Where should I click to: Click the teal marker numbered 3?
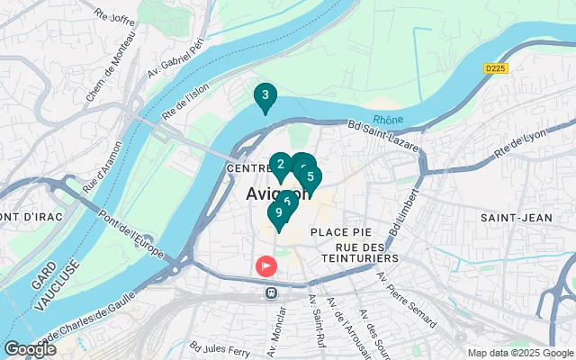click(265, 94)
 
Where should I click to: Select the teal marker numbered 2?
click(280, 165)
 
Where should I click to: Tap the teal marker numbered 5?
click(310, 176)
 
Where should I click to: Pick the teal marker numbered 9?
click(279, 212)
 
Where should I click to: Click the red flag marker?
click(266, 266)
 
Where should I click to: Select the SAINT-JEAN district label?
click(511, 218)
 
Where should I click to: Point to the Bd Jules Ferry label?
click(219, 346)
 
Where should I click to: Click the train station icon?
click(269, 292)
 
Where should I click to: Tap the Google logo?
click(30, 348)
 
